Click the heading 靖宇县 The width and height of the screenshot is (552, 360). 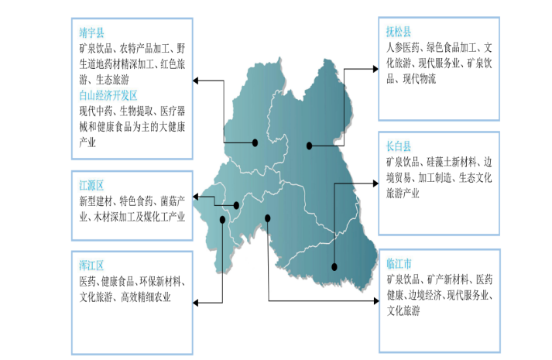[x=91, y=32]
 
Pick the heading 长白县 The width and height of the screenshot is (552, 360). [x=399, y=146]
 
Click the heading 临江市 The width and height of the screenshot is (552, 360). [x=399, y=263]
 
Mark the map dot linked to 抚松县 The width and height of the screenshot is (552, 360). [x=309, y=145]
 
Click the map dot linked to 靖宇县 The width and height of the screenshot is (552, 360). [x=255, y=142]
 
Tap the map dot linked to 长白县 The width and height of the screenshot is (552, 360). [x=334, y=267]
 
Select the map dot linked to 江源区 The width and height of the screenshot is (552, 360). [x=237, y=205]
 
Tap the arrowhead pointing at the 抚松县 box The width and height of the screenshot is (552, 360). [x=375, y=69]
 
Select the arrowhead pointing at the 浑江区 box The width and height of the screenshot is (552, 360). [x=196, y=300]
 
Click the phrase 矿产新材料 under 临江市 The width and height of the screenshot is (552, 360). [x=450, y=279]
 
